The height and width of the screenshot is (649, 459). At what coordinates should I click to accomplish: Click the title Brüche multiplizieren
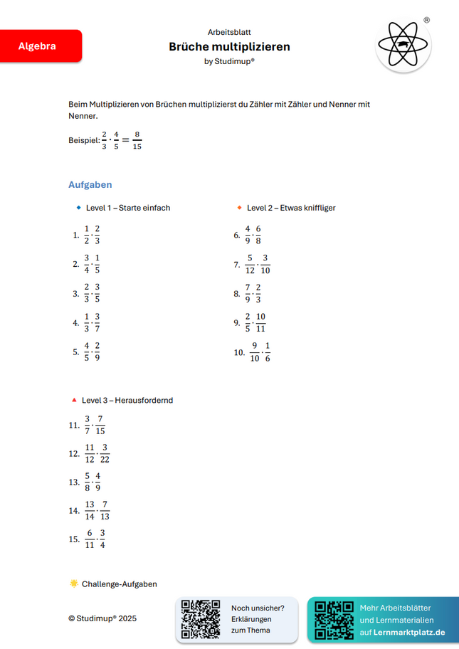[229, 47]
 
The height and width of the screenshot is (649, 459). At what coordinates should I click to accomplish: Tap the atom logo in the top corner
[403, 45]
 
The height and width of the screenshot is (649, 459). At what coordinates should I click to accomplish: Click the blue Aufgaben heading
[90, 185]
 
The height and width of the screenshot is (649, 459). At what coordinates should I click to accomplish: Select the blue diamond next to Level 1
[78, 208]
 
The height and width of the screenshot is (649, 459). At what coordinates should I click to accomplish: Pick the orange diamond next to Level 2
[240, 208]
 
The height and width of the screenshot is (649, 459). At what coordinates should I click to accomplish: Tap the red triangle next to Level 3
[73, 400]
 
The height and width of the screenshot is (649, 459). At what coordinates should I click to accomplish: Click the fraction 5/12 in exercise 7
[250, 264]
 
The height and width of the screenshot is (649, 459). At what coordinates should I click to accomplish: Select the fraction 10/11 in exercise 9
[260, 322]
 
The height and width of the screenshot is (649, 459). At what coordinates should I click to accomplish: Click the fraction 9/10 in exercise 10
[254, 352]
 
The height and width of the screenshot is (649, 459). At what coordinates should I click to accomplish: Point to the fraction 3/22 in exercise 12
[105, 453]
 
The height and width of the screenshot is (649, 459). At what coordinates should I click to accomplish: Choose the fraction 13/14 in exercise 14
[90, 510]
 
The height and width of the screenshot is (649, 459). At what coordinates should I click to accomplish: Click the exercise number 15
[74, 539]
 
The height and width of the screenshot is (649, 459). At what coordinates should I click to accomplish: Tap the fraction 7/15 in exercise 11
[100, 425]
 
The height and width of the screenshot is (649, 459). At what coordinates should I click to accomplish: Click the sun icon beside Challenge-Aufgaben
[74, 584]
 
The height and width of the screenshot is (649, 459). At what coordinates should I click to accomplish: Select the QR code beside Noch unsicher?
[201, 618]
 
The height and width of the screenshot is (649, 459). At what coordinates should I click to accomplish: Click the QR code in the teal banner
[333, 619]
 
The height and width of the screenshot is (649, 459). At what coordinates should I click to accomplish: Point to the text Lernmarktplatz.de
[409, 632]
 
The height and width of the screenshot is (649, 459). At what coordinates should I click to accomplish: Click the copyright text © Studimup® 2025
[102, 618]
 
